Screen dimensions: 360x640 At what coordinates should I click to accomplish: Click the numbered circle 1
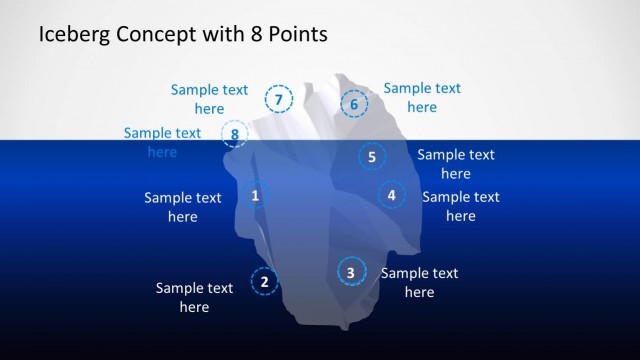(255, 196)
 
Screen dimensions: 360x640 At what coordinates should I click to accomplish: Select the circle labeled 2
(264, 282)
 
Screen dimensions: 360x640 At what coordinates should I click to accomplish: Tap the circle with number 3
(351, 271)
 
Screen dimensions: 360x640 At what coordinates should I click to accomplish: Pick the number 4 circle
(392, 195)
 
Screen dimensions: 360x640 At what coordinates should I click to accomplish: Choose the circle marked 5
(372, 156)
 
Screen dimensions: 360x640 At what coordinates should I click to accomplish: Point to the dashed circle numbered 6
(354, 103)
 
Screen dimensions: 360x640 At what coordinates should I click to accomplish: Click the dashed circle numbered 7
(278, 99)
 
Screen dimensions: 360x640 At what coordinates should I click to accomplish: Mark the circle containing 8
(234, 134)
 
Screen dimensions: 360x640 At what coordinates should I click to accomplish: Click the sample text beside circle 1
(182, 207)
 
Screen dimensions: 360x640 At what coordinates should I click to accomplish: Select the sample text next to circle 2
(194, 297)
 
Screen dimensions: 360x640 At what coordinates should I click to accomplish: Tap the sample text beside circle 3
(419, 282)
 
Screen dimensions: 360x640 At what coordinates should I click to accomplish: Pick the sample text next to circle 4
(460, 206)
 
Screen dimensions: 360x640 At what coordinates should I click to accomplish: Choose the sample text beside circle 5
(455, 164)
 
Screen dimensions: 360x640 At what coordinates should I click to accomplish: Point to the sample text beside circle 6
(422, 97)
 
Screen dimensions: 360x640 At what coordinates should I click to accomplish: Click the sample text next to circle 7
(209, 98)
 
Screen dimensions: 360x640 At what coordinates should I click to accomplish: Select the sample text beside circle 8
(162, 142)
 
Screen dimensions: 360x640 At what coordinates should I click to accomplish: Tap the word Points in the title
(295, 35)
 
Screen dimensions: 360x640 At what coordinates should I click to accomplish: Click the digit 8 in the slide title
(250, 35)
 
